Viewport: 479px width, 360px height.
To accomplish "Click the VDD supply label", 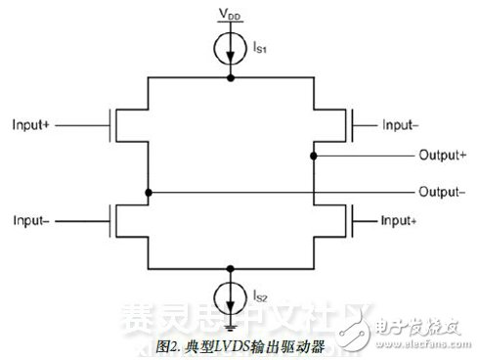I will click(230, 17).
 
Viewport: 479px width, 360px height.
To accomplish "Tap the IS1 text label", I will click(261, 46).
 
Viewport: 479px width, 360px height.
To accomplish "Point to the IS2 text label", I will click(261, 292).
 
